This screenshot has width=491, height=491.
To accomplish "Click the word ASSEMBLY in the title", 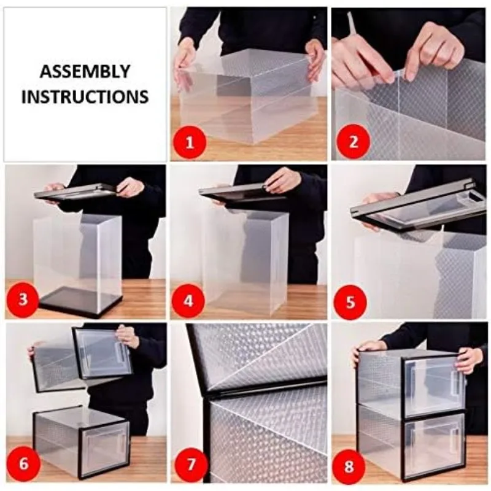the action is click(x=85, y=72).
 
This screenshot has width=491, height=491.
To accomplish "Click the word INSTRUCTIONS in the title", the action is click(x=85, y=97).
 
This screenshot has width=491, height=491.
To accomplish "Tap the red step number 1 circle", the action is click(x=190, y=143).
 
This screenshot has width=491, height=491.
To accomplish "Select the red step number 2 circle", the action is click(x=353, y=142).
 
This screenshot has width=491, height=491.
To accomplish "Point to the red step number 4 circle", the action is click(x=188, y=301).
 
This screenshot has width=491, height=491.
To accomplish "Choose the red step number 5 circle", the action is click(x=350, y=301).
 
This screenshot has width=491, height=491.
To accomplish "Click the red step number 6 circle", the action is click(x=23, y=463).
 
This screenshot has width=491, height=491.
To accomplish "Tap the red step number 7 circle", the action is click(x=191, y=464).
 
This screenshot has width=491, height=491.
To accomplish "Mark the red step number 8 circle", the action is click(x=349, y=466).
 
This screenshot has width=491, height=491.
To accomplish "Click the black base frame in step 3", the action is click(x=80, y=303).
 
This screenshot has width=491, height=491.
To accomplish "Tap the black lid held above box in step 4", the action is click(x=242, y=193).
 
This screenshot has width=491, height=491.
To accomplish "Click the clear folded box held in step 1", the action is click(x=247, y=97).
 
